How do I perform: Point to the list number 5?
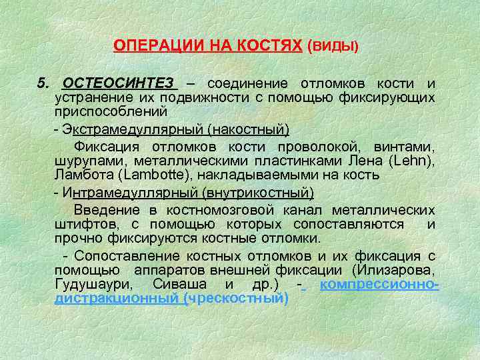43,84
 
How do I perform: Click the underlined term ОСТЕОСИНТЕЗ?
119,84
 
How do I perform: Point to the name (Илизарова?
387,270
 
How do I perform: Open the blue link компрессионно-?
379,284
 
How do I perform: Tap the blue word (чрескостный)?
239,298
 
